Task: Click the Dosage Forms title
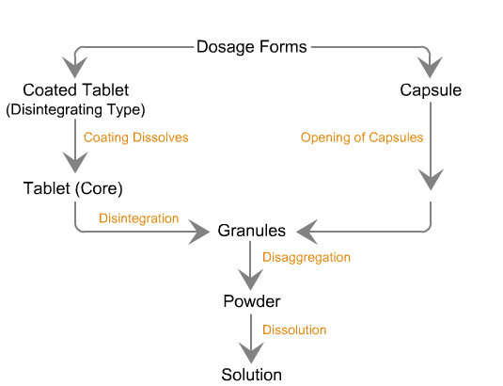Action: coord(252,47)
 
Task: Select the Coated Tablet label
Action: coord(76,90)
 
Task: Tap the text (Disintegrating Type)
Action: coord(76,109)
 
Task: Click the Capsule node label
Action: coord(431,90)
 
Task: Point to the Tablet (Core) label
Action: coord(73,188)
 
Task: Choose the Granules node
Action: coord(252,231)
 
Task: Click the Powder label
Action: coord(252,301)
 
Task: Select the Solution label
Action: coord(252,375)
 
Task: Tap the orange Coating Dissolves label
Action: coord(136,137)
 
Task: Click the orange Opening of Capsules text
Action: coord(362,137)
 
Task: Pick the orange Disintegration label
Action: coord(138,218)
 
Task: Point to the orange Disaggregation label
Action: coord(307,258)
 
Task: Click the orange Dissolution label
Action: coord(294,330)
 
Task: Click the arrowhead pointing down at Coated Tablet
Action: coord(74,67)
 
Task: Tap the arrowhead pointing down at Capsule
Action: coord(430,67)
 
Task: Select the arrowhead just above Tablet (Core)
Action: coord(75,162)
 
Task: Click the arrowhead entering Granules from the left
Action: coord(199,232)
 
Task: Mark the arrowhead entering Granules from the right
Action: coord(307,232)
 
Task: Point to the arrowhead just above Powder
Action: coord(250,280)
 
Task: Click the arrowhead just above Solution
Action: coord(251,353)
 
